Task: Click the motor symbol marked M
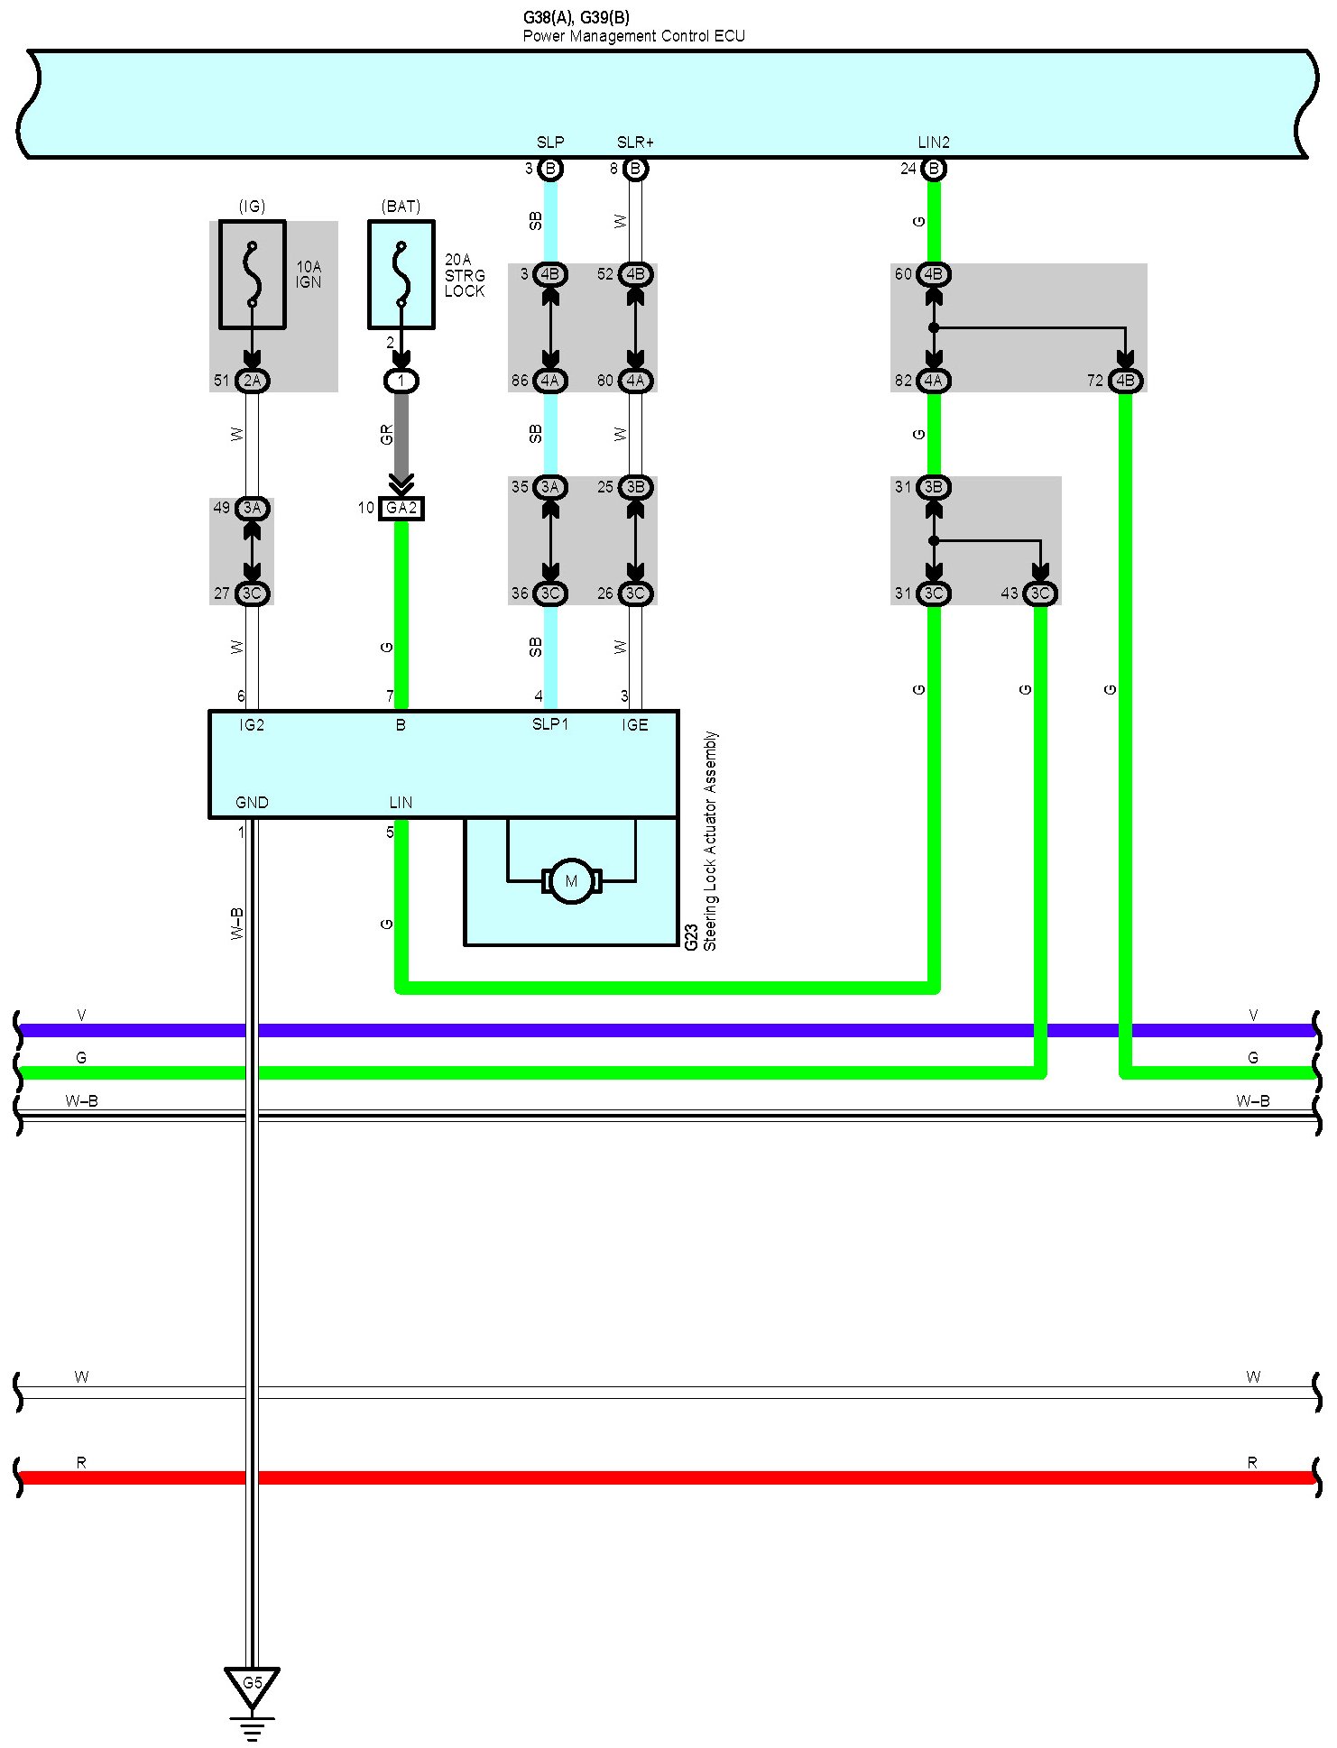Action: coord(571,881)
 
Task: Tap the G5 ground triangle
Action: coord(252,1684)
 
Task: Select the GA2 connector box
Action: coord(401,509)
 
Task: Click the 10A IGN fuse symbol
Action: coord(253,274)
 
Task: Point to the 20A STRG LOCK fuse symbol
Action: coord(401,274)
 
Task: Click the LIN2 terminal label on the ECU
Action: coord(934,143)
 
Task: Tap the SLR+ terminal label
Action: coord(635,143)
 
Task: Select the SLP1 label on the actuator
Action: coord(549,725)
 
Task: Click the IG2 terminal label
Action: coord(252,725)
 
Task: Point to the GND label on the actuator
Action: coord(252,803)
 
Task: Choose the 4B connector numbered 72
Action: coord(1125,381)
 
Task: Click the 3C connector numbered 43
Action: coord(1040,593)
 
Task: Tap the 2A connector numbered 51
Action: coord(253,381)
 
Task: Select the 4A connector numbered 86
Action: coord(550,381)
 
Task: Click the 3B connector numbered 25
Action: coord(635,487)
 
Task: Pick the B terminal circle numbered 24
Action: coord(934,169)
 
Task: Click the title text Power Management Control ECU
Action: coord(633,36)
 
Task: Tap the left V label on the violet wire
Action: coord(81,1016)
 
